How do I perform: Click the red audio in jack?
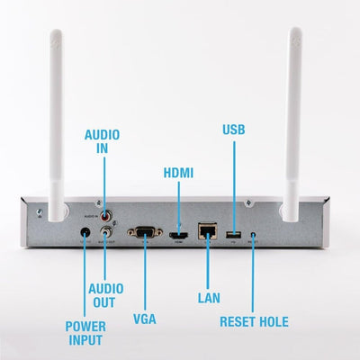tap(105, 215)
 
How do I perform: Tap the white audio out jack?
tap(105, 231)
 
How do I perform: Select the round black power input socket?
tap(85, 233)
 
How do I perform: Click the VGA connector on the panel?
tap(145, 232)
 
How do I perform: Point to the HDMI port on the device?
tap(179, 235)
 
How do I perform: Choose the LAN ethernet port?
tap(207, 230)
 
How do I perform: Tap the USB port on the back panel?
tap(234, 234)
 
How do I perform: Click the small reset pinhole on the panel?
tap(253, 234)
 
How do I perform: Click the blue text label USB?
tap(234, 130)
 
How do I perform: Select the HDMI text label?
tap(178, 173)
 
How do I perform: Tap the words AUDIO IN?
tap(102, 141)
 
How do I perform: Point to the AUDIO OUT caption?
tap(106, 295)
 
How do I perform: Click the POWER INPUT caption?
tap(85, 333)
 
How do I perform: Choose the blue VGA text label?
tap(145, 319)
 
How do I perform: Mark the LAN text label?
tap(209, 298)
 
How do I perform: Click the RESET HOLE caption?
tap(254, 321)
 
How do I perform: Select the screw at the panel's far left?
tap(39, 211)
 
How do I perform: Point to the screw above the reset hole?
tap(248, 203)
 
